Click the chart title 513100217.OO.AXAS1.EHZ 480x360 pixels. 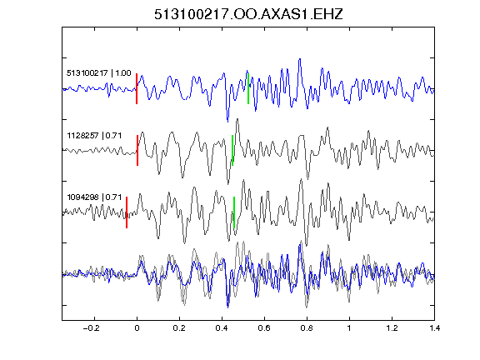point(248,14)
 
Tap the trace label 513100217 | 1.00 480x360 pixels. point(99,72)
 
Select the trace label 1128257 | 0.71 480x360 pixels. point(94,135)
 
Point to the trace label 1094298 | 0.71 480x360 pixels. point(94,197)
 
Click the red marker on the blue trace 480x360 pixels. point(137,89)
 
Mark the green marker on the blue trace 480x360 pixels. point(248,89)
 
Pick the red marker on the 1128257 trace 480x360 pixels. point(137,150)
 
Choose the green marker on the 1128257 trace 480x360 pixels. point(232,150)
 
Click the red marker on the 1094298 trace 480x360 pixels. point(127,212)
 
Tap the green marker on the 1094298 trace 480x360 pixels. point(234,212)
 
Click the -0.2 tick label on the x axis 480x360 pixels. point(92,328)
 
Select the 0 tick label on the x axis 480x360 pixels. point(137,328)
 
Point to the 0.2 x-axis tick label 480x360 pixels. point(179,328)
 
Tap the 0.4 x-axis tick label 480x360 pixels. point(222,328)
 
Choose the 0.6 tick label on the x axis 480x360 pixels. point(264,328)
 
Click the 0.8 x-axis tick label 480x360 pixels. point(307,328)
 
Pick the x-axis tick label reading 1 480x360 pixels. point(349,328)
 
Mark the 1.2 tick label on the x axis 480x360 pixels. point(392,328)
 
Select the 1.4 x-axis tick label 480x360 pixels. point(435,328)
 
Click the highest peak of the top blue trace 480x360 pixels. point(300,59)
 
